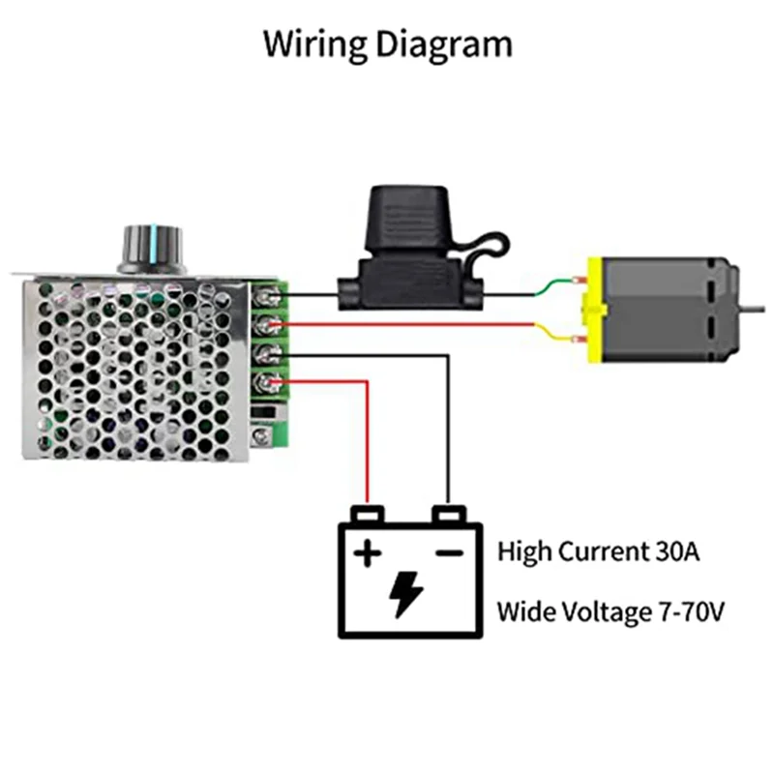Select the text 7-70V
688,611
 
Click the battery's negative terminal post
446,514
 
